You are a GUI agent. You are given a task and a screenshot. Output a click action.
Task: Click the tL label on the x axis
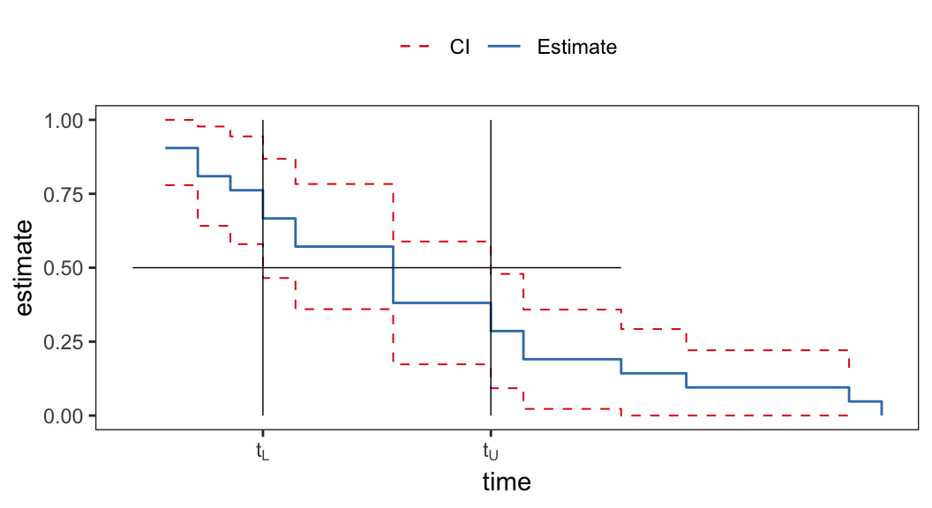[263, 452]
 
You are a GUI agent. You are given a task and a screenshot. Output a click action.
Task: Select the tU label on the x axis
[491, 452]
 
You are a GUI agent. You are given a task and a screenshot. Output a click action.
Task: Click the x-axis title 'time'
[507, 482]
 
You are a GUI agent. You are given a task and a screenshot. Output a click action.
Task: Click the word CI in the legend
[459, 48]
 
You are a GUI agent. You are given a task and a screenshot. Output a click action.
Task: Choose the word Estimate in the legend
[576, 48]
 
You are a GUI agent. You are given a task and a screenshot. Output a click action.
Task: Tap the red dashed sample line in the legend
[417, 47]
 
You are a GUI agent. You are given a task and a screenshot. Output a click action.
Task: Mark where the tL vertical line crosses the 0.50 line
[263, 267]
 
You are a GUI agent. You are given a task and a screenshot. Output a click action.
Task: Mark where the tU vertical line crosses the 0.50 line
[491, 267]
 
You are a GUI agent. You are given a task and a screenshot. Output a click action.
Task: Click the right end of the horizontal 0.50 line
[620, 267]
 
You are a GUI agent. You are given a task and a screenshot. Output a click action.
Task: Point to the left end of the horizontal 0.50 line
[133, 267]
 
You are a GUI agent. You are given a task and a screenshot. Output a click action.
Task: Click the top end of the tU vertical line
[491, 120]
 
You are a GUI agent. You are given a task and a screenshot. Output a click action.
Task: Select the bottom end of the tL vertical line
[263, 415]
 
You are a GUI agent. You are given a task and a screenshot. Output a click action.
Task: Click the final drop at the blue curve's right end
[882, 408]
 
